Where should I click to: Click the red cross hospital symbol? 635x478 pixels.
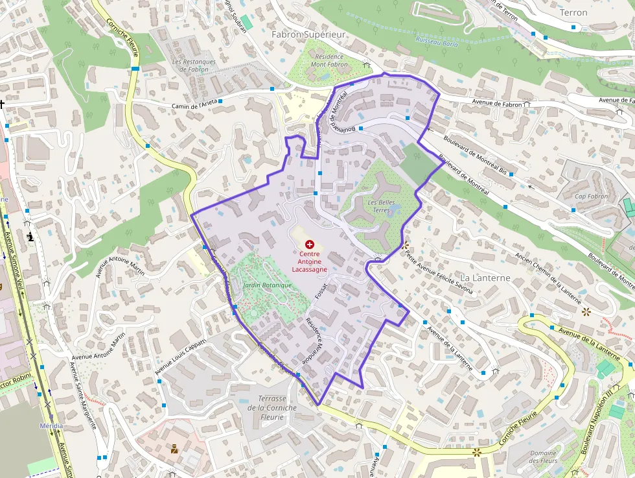pos(309,244)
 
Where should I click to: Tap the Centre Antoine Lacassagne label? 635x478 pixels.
pos(309,261)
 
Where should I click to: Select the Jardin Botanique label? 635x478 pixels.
pos(267,285)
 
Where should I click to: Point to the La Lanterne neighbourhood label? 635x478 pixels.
pos(485,278)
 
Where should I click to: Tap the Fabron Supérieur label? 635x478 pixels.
pos(308,34)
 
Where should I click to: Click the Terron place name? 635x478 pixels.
pos(573,12)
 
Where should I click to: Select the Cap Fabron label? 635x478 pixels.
pos(592,196)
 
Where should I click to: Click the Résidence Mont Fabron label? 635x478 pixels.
pos(329,60)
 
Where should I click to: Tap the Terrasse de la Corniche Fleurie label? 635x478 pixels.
pos(271,407)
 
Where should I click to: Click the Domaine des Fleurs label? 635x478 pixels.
pos(543,457)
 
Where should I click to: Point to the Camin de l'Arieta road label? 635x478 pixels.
pos(194,104)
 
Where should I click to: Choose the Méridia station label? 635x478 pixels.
pos(52,425)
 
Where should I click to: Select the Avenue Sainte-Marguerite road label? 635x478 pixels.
pos(84,396)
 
